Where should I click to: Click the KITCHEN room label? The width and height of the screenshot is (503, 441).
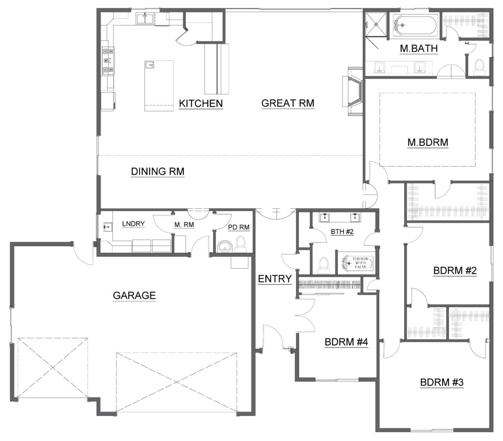[201, 104]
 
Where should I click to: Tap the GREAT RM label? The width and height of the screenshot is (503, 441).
[288, 103]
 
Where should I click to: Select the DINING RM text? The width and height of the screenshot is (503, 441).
[158, 171]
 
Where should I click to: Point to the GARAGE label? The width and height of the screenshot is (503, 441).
[135, 295]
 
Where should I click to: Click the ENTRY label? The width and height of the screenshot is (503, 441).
[275, 279]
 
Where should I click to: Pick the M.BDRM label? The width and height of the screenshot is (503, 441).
[428, 142]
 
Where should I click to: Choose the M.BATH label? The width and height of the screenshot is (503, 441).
[419, 49]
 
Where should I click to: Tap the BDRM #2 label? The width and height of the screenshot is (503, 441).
[455, 271]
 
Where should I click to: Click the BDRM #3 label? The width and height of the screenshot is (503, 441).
[442, 383]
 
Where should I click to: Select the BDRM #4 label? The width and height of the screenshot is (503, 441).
[346, 342]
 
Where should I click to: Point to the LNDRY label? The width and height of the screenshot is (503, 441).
[134, 224]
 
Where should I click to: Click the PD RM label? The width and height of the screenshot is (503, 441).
[239, 227]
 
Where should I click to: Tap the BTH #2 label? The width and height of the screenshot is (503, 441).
[342, 232]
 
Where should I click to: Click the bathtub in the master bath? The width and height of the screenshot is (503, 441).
[414, 25]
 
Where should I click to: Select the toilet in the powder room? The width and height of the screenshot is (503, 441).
[240, 244]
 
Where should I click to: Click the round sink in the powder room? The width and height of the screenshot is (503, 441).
[224, 247]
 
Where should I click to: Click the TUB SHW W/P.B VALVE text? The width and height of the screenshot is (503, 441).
[361, 263]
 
